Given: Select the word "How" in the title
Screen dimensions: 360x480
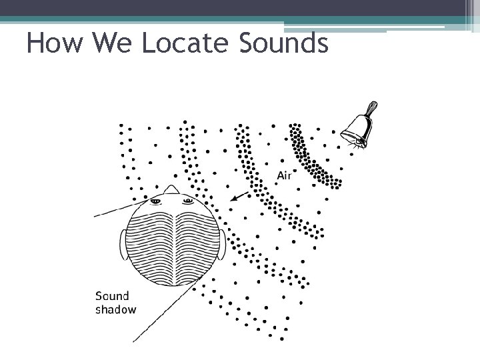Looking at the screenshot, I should pos(55,44).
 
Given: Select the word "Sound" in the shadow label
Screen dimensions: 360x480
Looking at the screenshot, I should pos(112,296).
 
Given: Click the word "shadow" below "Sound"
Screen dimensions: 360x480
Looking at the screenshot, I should pos(115,309).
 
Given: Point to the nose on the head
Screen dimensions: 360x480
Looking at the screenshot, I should pos(171,189).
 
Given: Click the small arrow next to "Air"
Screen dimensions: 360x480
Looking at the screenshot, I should pos(238,196).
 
